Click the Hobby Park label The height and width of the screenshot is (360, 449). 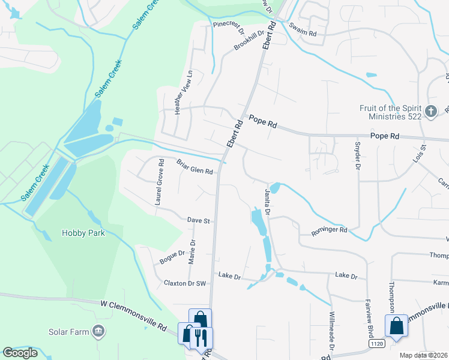click(83, 233)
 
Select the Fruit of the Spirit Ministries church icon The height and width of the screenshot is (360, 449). click(430, 112)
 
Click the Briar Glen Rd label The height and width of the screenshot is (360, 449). click(194, 167)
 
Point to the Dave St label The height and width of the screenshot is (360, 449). click(197, 221)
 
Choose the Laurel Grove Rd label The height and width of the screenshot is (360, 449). click(159, 182)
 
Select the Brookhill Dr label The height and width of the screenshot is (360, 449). click(249, 41)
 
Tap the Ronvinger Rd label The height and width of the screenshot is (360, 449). click(330, 230)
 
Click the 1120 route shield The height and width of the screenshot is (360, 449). click(376, 344)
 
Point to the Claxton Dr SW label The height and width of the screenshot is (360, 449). click(185, 283)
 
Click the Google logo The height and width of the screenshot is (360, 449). click(20, 353)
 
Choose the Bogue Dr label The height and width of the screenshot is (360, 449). click(172, 257)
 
